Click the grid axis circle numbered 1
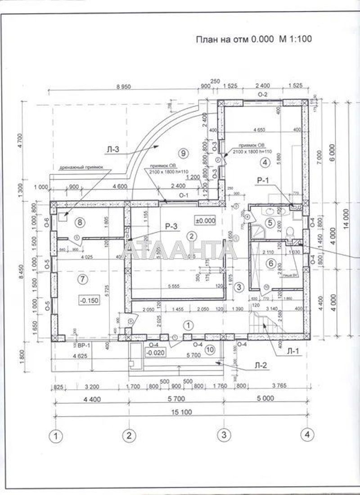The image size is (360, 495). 55,435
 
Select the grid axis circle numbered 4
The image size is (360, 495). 307,435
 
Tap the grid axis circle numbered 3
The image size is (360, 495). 224,435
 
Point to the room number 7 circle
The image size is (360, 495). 82,279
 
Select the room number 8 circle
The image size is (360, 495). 81,221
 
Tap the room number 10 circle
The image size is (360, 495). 209,349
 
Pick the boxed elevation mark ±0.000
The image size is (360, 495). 205,220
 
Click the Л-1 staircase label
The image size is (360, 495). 293,351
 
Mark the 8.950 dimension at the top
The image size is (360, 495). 122,87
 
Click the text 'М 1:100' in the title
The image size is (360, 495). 295,39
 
